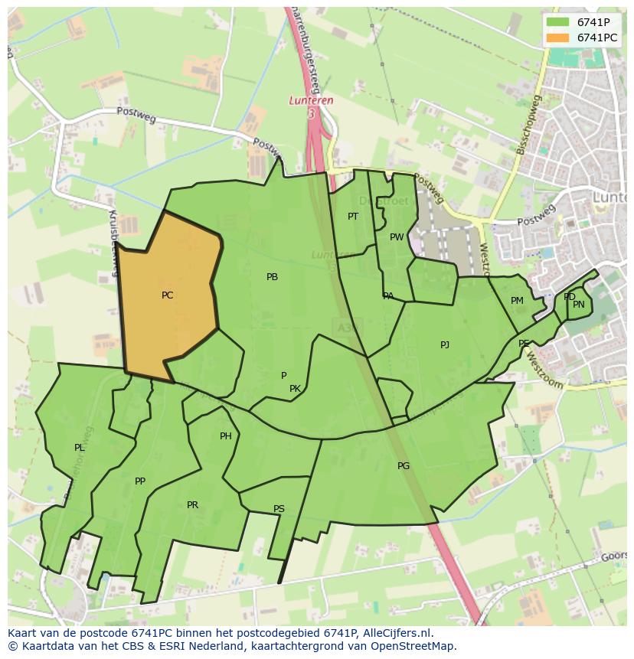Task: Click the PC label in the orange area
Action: (167, 295)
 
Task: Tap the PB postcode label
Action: (272, 277)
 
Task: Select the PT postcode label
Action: (352, 217)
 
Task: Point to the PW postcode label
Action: (396, 237)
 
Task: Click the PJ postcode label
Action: (445, 345)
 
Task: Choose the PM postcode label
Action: (517, 301)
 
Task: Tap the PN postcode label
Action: (579, 305)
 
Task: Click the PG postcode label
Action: (404, 466)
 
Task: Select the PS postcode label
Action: (279, 509)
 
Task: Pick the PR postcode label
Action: (192, 505)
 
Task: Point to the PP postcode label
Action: (139, 481)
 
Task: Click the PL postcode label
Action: (79, 448)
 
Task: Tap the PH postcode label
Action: (225, 436)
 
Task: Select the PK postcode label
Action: (295, 389)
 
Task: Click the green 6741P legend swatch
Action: (557, 22)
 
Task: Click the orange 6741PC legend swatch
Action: (557, 38)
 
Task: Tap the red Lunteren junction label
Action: (311, 100)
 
